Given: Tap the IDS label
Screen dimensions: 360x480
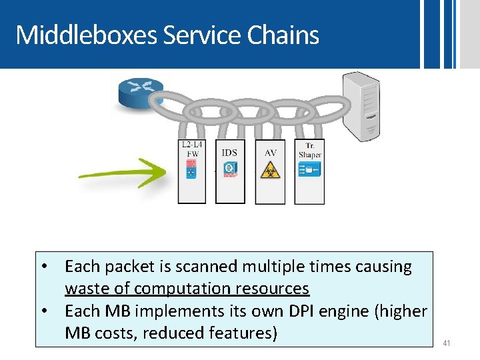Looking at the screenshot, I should point(229,153).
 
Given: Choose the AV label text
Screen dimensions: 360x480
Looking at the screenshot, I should point(270,153).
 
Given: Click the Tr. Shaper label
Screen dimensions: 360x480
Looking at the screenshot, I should point(309,150).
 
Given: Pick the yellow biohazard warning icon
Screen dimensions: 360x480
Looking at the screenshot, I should point(270,169).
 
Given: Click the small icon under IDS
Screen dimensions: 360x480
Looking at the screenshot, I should point(229,169).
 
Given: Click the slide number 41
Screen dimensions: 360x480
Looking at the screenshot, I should point(447,343).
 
